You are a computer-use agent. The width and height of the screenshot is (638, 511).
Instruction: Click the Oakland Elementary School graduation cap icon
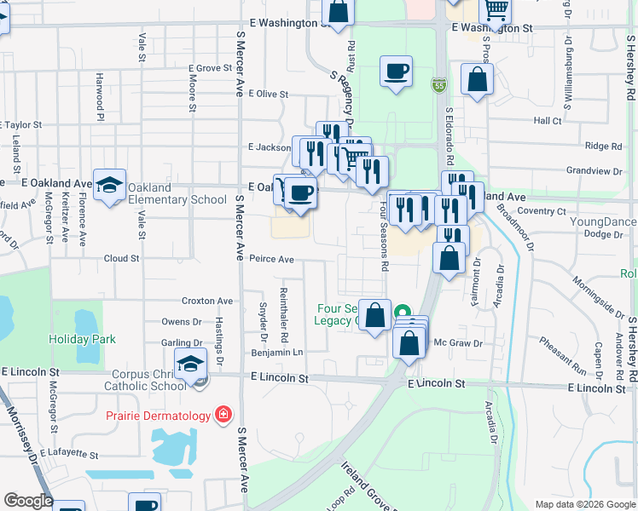[109, 187]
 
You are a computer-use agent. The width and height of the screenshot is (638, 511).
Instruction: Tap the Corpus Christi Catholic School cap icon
[190, 364]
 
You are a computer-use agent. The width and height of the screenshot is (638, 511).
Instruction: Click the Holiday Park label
[82, 339]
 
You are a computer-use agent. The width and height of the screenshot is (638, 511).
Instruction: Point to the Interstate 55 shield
[438, 85]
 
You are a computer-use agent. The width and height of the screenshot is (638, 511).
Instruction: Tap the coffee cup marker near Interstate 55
[396, 72]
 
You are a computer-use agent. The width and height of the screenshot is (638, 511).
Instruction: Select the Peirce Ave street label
[272, 259]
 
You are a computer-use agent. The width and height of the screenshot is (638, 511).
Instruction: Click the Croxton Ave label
[207, 301]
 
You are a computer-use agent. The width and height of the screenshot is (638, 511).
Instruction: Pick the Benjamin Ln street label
[276, 352]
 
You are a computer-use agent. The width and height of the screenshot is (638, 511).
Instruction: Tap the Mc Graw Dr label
[458, 343]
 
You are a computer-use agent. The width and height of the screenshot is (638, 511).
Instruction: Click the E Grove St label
[202, 68]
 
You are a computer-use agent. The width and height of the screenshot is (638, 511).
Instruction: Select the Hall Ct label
[548, 121]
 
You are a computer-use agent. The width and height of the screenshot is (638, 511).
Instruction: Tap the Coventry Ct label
[542, 210]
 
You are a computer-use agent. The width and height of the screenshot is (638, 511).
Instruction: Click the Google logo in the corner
[29, 501]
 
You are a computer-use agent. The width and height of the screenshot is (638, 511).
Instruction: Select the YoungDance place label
[603, 222]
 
